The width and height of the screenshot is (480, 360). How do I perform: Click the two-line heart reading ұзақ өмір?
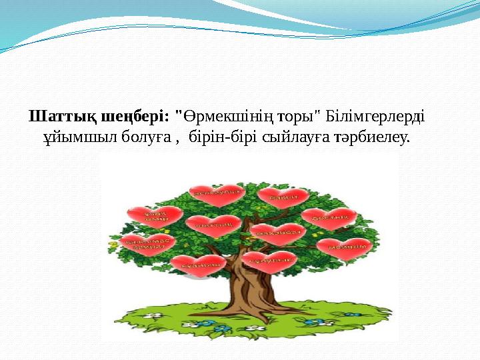(x=155, y=217)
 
